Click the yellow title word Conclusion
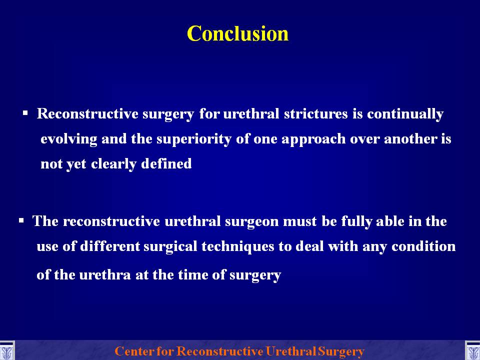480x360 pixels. pos(237,33)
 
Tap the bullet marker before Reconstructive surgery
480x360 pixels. pos(25,113)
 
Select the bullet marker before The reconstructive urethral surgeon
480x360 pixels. pos(21,220)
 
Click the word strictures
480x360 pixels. pos(315,113)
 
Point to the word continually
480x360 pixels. pos(405,114)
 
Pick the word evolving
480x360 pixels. pos(69,139)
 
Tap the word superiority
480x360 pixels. pos(194,139)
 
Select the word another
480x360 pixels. pos(410,139)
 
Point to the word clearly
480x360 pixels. pos(114,164)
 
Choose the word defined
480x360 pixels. pos(166,164)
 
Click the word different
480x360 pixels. pos(110,246)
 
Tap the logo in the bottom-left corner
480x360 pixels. pos(6,351)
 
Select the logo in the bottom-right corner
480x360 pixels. pos(472,351)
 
